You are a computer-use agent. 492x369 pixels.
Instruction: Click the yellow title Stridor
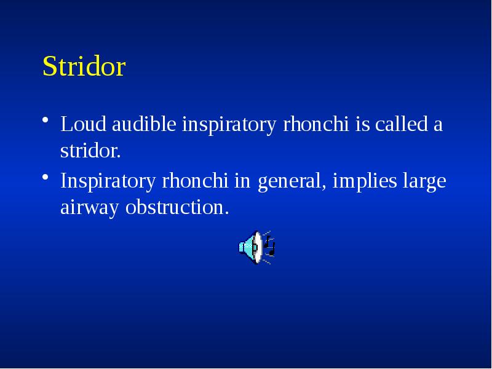click(x=84, y=67)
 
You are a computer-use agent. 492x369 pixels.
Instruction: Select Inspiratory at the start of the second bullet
click(x=108, y=183)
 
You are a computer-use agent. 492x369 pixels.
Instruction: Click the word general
click(x=290, y=183)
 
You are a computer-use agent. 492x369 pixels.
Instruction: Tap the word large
click(x=423, y=183)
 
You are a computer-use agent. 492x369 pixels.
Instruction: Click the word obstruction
click(x=177, y=207)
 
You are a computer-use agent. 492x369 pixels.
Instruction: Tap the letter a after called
click(x=437, y=125)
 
